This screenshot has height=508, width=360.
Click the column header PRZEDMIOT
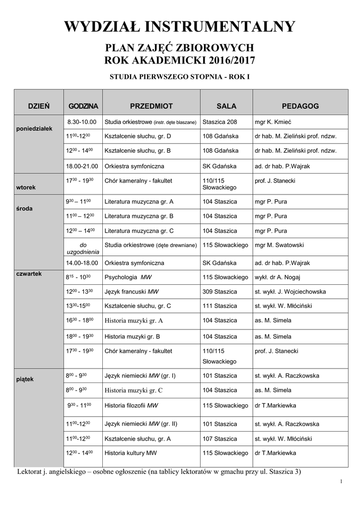coord(151,106)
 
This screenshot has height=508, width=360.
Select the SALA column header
coord(226,106)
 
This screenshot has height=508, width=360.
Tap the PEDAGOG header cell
coord(300,106)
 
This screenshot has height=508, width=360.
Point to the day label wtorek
coord(26,188)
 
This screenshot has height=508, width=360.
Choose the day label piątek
coord(24,380)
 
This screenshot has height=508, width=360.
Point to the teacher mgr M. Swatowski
coord(279,245)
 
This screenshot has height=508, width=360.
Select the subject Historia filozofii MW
coord(131,405)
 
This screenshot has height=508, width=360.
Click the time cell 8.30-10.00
coord(82,122)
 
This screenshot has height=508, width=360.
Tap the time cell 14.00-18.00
coord(82,262)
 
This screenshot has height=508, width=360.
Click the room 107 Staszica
coord(220,439)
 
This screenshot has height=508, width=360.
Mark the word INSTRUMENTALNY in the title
coord(219,27)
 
